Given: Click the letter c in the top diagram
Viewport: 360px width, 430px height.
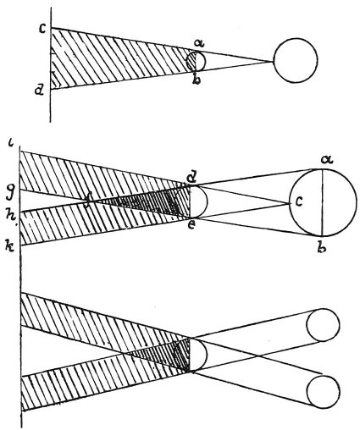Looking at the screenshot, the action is coord(42,30).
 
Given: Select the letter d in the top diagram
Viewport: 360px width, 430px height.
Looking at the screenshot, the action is coord(38,91).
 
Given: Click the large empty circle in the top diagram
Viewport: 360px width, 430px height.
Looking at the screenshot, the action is coord(296,60).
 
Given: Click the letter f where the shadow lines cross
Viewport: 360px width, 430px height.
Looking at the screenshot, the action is coord(89,201).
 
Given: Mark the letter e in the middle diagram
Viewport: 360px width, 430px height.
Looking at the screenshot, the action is coord(191,226).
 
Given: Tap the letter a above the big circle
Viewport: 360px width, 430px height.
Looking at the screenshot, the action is coord(327,161).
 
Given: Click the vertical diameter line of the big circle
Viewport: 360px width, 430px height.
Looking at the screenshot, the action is coord(322,202).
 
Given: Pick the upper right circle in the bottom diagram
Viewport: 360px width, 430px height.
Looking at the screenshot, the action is coord(323,325).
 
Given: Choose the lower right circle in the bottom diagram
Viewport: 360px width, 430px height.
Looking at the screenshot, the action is coord(323,392).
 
